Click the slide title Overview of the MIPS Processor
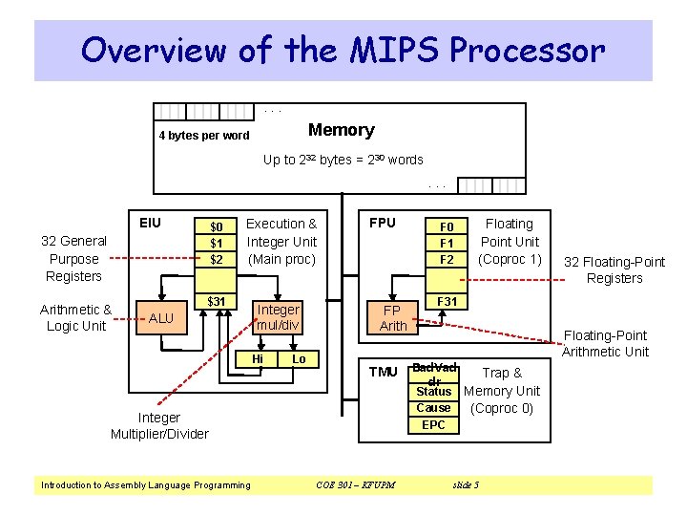(x=343, y=50)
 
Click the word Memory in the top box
(x=341, y=130)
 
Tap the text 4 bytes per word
(x=203, y=136)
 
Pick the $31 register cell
(x=217, y=302)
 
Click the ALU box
(x=161, y=318)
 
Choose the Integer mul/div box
(x=278, y=317)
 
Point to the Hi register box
(x=258, y=359)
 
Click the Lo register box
(x=299, y=359)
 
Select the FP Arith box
(x=393, y=318)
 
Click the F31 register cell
(x=447, y=302)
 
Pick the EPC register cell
(x=433, y=424)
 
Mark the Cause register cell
(x=433, y=408)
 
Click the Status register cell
(x=433, y=392)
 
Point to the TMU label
(x=383, y=372)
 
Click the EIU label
(x=150, y=223)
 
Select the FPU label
(x=382, y=223)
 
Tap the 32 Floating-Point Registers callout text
(x=614, y=270)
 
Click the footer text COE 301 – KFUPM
(x=355, y=485)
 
